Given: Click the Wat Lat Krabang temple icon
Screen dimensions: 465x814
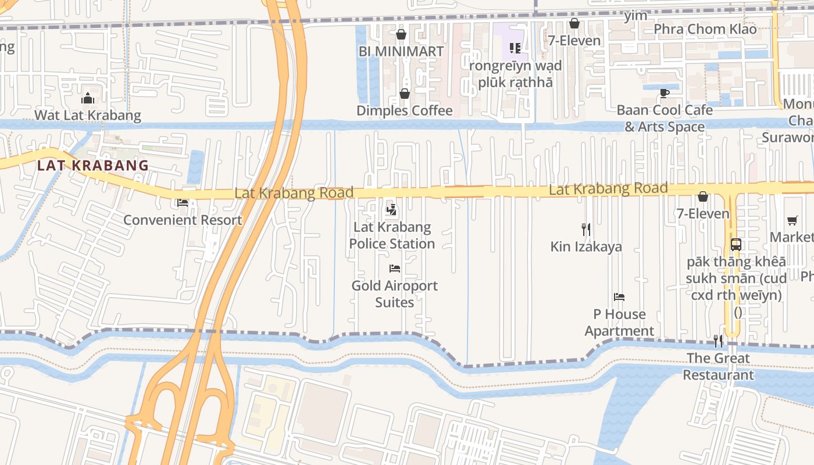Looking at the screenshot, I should (x=88, y=98).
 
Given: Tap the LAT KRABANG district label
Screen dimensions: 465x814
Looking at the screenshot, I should (x=93, y=166).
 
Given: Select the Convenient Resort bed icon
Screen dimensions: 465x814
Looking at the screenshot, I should (x=183, y=203).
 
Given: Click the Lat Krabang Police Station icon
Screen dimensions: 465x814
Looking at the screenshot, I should (x=392, y=209).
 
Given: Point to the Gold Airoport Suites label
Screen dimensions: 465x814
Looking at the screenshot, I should (x=394, y=294).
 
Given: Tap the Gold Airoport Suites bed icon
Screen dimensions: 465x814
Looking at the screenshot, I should (x=394, y=268).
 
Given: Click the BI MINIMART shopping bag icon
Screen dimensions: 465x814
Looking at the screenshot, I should (x=401, y=34).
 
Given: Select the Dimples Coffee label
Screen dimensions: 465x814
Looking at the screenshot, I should (x=404, y=110).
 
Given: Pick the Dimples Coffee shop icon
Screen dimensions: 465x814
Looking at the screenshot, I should (x=404, y=94).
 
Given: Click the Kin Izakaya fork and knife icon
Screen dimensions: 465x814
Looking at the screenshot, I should (x=586, y=229).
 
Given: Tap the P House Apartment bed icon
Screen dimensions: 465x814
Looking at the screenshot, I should (x=619, y=297).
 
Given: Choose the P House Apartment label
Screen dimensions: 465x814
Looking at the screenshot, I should (x=619, y=323).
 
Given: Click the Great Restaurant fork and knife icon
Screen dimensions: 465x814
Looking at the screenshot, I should (x=718, y=341).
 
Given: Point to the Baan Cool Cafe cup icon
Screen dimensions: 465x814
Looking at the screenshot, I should (x=665, y=93).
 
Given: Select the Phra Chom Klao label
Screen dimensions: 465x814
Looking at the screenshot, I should (x=705, y=29).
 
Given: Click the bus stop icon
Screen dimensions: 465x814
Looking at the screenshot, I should (x=736, y=244).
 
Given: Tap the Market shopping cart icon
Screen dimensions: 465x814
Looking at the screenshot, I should (x=792, y=220).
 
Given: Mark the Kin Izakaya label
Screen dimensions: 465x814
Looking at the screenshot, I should (x=586, y=246).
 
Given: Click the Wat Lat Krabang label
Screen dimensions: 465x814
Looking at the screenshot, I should (x=88, y=115).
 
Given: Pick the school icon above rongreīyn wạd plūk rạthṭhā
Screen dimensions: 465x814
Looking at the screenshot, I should (x=515, y=48).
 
